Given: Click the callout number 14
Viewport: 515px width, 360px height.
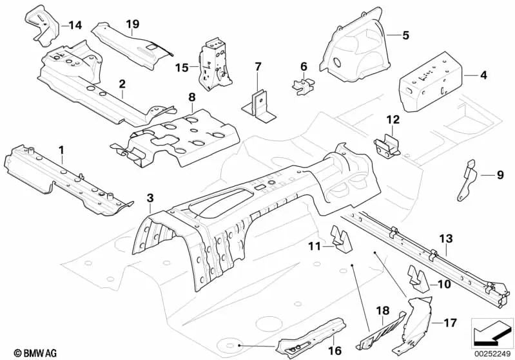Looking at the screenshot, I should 75,26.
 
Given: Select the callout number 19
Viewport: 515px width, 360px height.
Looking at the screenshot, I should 133,25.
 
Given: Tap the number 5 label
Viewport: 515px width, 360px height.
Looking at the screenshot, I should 406,35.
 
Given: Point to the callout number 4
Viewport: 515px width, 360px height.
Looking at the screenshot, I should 483,75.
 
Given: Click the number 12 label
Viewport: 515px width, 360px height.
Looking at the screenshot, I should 393,120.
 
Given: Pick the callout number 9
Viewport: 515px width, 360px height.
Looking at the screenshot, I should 499,175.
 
